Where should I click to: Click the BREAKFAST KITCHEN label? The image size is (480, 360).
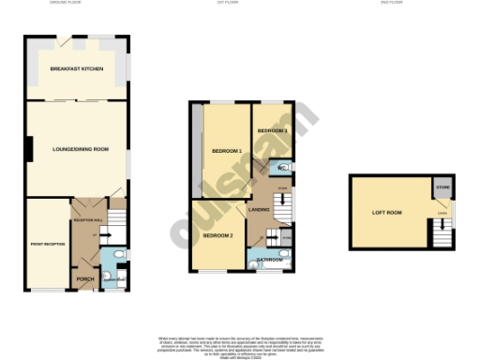77,70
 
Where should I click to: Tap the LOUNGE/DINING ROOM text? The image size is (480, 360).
80,149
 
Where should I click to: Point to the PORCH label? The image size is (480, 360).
84,279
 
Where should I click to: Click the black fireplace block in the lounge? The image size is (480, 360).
30,149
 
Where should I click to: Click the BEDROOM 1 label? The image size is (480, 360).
226,151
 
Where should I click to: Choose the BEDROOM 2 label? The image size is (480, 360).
217,234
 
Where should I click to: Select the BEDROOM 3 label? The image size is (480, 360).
273,129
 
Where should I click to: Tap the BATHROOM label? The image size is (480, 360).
268,259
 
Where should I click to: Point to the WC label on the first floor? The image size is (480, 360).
282,169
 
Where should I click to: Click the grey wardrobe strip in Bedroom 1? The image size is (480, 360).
197,150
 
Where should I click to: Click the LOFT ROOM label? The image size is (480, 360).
387,213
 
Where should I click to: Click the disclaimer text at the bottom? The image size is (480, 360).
240,343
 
